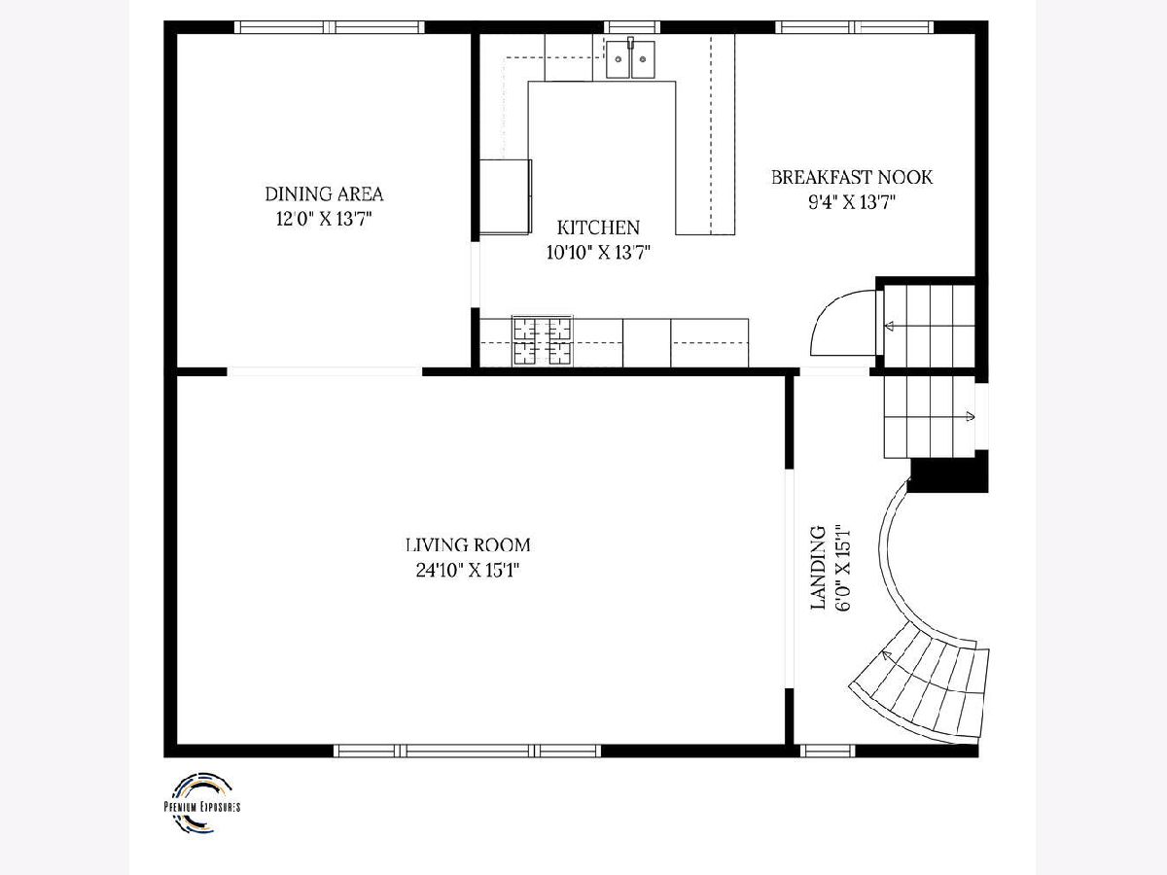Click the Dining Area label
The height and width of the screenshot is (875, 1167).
pos(324,193)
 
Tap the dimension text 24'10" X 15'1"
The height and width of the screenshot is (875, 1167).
pos(468,570)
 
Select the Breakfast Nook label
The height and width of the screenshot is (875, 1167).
pos(852,178)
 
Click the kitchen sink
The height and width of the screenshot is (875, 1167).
pos(630,59)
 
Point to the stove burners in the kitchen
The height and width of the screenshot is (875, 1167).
pos(543,340)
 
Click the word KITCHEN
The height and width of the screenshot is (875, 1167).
pos(598,227)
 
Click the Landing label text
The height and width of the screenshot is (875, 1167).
pos(818,568)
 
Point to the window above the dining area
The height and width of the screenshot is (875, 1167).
pos(330,27)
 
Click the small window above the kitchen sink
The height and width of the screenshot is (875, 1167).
pos(631,27)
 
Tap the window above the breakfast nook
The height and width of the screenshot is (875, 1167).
pos(855,27)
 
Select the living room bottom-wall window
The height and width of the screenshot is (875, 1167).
pos(468,751)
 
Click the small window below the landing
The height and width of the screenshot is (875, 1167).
pos(828,751)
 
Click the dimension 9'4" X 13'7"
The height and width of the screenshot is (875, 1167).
pos(852,202)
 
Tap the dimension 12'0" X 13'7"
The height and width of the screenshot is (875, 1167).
pos(324,219)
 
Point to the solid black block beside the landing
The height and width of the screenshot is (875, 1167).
pos(948,472)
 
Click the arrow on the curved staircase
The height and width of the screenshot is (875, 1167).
pos(886,655)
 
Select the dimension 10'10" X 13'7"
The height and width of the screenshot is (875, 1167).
pos(599,253)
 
